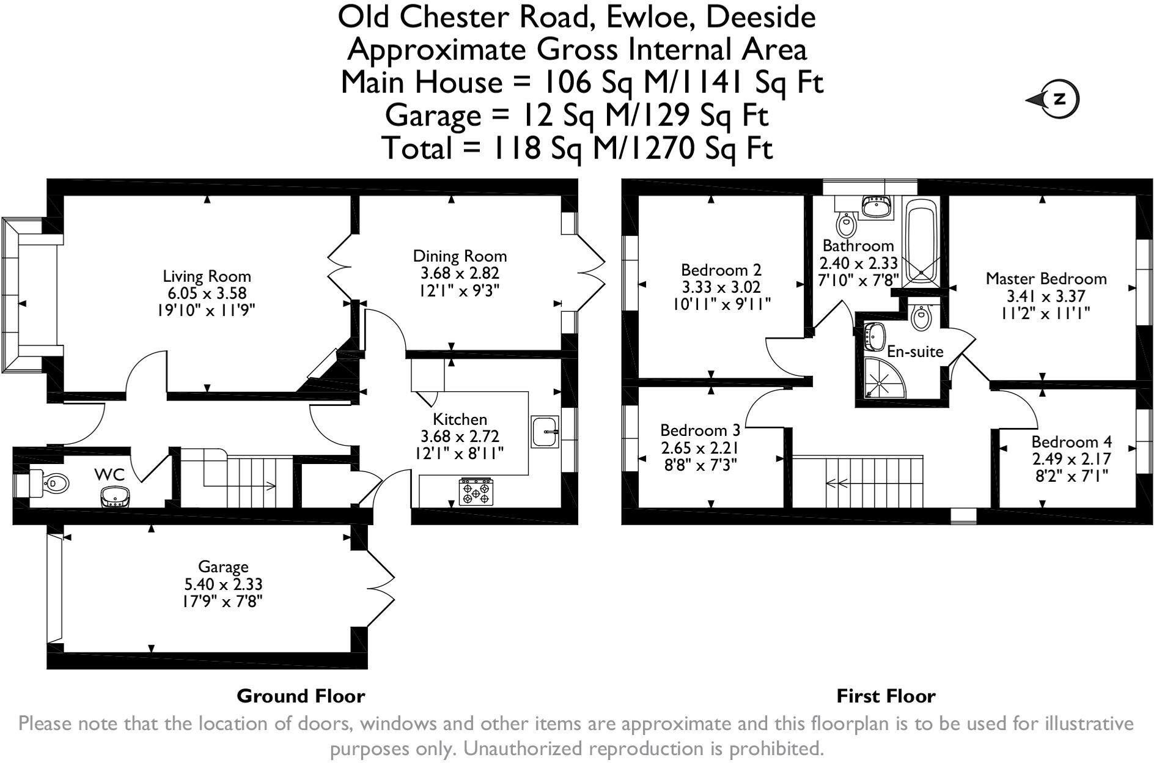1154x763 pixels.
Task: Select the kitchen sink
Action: pos(545,432)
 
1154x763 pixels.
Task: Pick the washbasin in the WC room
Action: pos(115,496)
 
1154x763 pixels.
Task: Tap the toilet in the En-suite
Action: pos(921,316)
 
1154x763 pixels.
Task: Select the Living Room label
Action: pos(207,276)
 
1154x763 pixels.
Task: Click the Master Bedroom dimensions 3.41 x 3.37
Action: pos(1046,297)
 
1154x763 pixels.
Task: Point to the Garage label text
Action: pos(223,567)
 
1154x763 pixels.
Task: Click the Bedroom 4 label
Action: pos(1071,442)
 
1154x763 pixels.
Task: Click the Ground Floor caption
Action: pos(301,696)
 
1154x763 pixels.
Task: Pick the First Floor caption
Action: pos(886,696)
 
